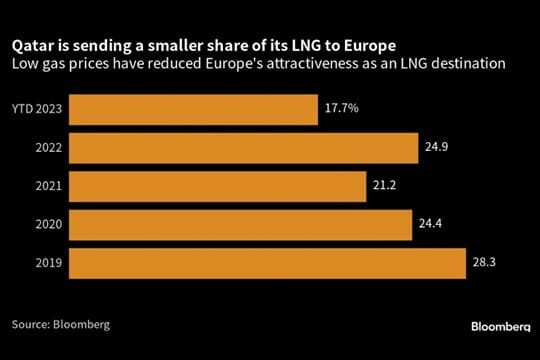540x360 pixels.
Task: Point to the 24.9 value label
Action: point(434,148)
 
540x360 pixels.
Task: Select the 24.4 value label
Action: point(429,225)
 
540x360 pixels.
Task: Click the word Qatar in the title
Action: point(31,46)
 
